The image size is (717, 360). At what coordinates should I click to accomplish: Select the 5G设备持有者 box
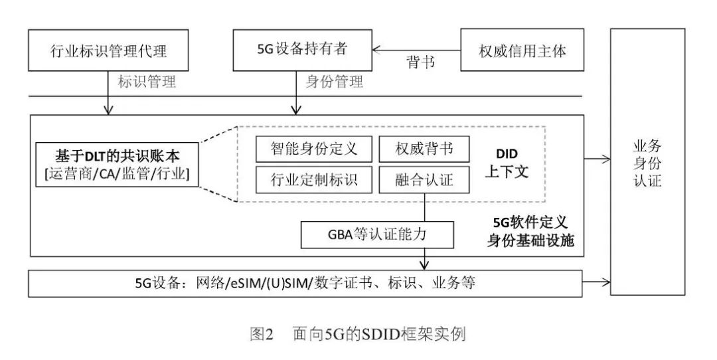click(x=302, y=49)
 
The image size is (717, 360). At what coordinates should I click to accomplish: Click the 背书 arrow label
click(x=420, y=62)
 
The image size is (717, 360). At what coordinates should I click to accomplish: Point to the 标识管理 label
click(x=147, y=82)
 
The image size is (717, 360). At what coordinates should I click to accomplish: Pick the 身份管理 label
click(x=335, y=82)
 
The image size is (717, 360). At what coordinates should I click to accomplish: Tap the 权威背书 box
click(x=425, y=148)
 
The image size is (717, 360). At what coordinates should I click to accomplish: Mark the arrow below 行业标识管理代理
click(x=108, y=93)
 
